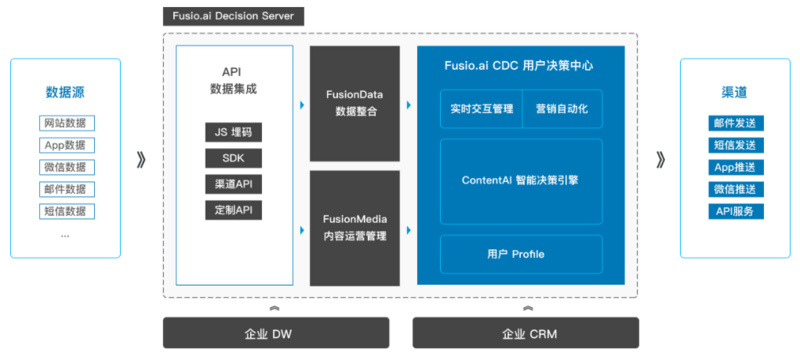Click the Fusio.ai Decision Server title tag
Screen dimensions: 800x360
coord(233,16)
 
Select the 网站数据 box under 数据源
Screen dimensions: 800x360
coord(67,123)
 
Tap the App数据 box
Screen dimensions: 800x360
coord(67,145)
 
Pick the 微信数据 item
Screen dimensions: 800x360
coord(67,167)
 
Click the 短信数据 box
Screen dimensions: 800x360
coord(67,211)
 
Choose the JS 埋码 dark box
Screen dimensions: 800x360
coord(234,133)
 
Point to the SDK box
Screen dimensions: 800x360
coord(234,159)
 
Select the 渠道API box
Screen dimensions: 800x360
coord(234,185)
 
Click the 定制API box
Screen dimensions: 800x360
coord(234,211)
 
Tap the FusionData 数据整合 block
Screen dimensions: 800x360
coord(355,104)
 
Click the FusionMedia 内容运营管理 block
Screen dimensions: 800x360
coord(355,228)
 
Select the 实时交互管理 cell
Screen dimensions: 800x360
coord(481,109)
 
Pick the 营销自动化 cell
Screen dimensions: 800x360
coord(562,109)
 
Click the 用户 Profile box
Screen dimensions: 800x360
coord(521,254)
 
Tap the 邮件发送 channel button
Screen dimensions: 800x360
coord(736,123)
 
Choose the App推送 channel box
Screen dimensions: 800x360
coord(736,167)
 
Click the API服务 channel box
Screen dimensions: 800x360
coord(736,211)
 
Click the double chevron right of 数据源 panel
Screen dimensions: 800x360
coord(141,161)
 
